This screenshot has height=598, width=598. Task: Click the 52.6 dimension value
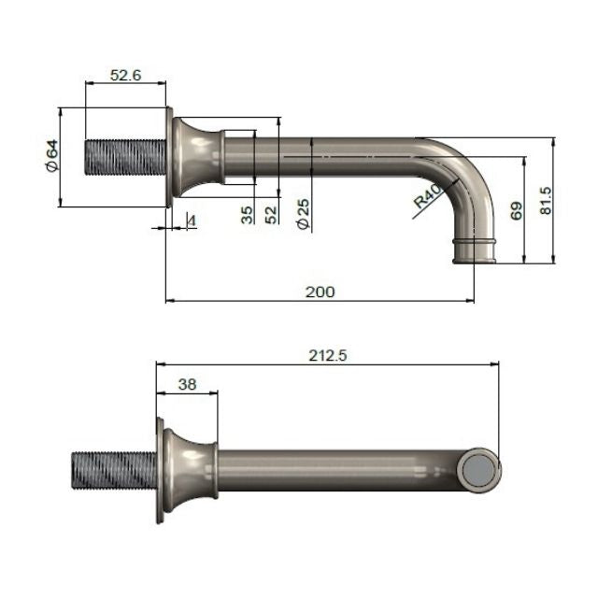[125, 76]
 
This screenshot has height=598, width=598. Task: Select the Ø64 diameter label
[52, 155]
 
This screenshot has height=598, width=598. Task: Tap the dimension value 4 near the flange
[191, 221]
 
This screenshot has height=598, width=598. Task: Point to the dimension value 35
[247, 214]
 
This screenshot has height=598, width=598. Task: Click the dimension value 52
[271, 214]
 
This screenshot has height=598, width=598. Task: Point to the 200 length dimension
[320, 292]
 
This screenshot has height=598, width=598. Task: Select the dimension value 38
[186, 382]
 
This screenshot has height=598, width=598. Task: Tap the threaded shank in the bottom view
[112, 468]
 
